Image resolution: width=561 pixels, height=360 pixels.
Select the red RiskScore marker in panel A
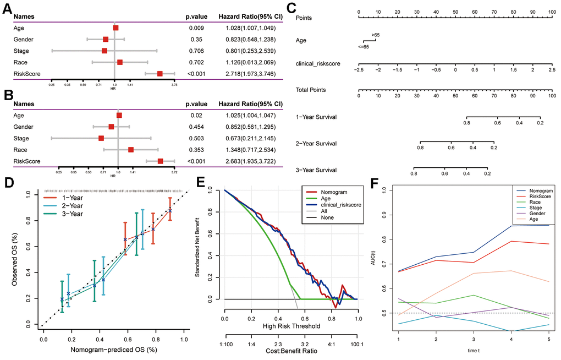pos(159,73)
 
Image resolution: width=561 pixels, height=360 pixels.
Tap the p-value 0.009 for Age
pos(195,27)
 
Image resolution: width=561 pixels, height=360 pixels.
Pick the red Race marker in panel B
pos(131,150)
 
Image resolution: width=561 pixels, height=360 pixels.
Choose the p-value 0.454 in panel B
pos(196,127)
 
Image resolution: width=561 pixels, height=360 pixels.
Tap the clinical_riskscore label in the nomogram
pos(317,64)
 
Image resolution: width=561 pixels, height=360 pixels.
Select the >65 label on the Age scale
pos(376,35)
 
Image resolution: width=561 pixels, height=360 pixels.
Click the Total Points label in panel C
pos(311,90)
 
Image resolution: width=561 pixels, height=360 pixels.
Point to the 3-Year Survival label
pos(316,170)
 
